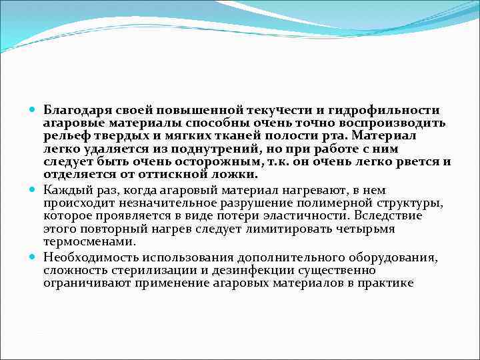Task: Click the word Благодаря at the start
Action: tap(75, 110)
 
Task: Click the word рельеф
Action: tap(63, 136)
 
